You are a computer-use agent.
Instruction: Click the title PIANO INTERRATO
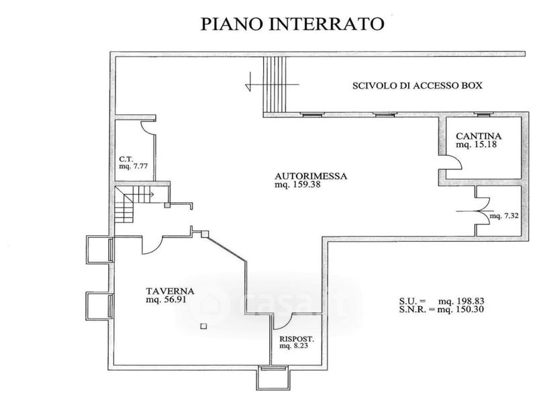tap(292, 24)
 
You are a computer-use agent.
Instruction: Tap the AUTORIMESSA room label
tap(311, 176)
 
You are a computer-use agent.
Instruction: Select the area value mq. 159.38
tap(297, 185)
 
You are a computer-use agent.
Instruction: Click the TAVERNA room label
tap(170, 292)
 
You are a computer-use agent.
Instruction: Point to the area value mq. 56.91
tap(166, 300)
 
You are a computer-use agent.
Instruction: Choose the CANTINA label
tap(479, 136)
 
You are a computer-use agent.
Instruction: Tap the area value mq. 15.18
tap(476, 144)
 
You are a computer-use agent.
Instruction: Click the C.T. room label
tap(126, 159)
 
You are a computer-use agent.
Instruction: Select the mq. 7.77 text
tap(133, 166)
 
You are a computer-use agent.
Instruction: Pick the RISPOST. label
tap(297, 339)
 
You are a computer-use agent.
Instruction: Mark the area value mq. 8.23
tap(293, 346)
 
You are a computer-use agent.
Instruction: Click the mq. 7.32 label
tap(504, 216)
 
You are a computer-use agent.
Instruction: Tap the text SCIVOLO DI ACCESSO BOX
tap(417, 85)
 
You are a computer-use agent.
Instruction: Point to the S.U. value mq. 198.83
tap(461, 301)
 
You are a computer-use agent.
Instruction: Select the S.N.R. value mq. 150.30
tap(461, 310)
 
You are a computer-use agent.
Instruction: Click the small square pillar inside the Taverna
tap(204, 326)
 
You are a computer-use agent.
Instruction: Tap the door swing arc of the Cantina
tap(458, 161)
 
